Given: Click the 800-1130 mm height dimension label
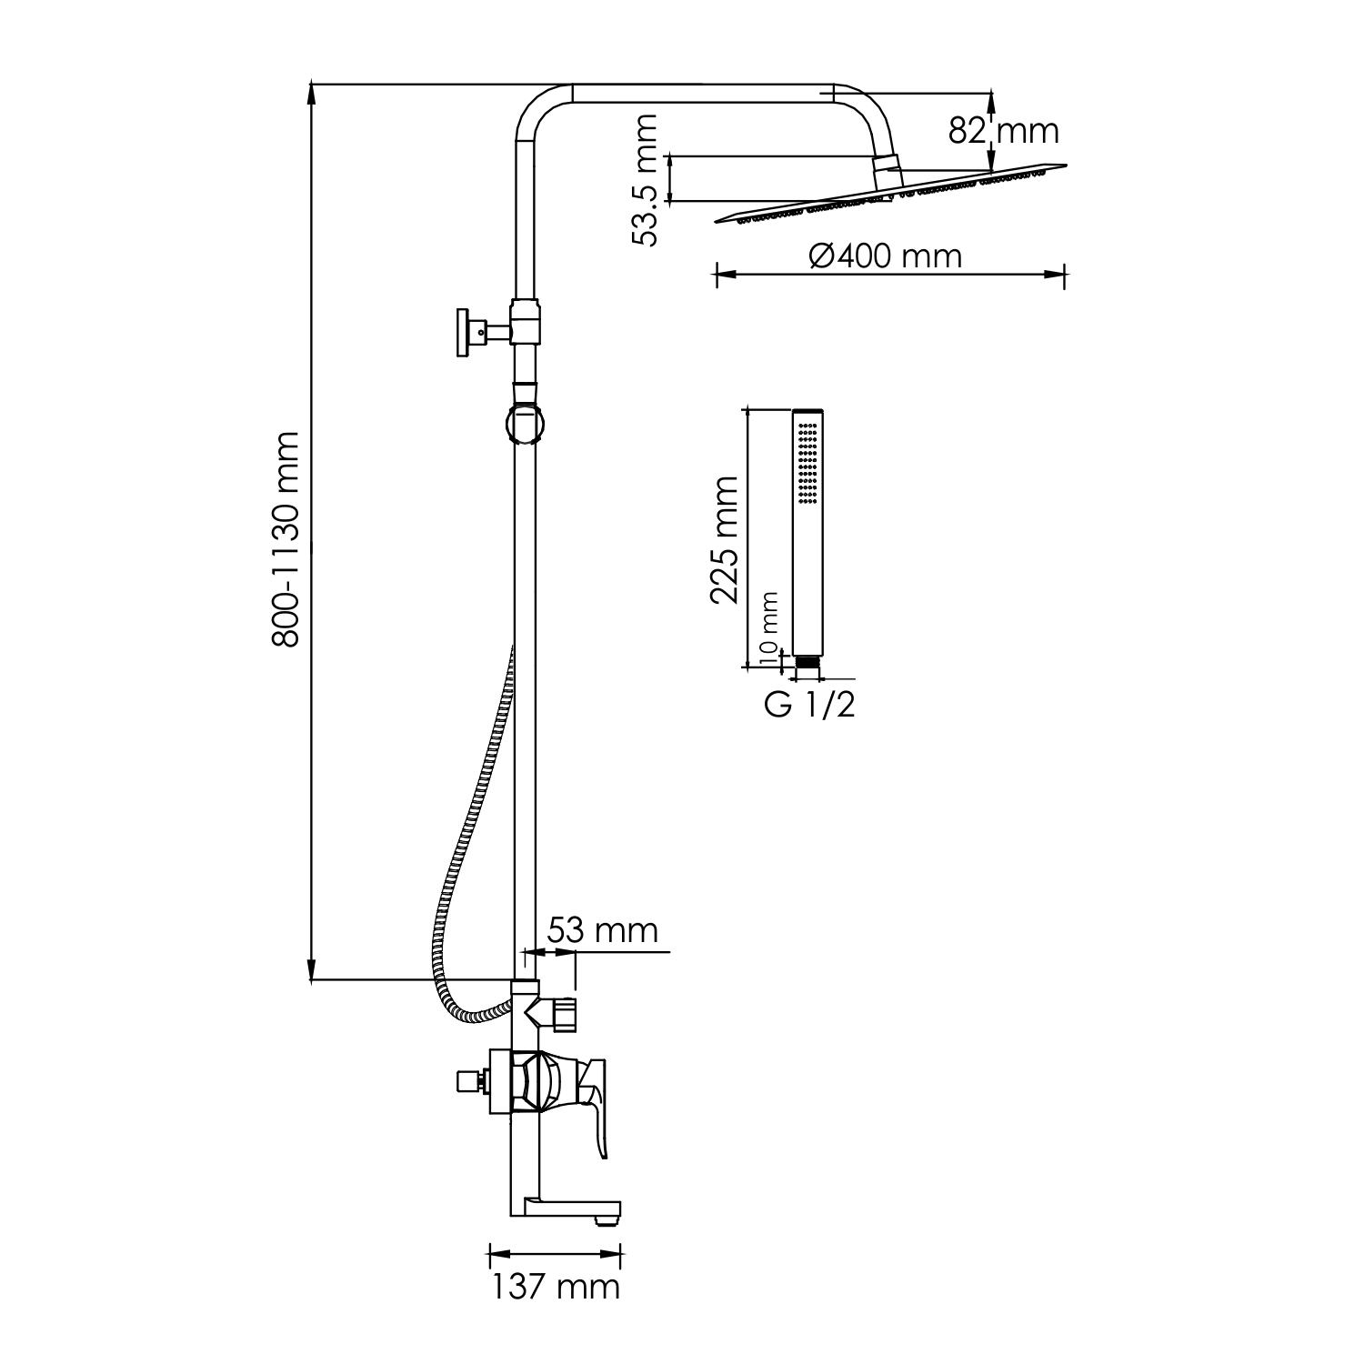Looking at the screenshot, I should click(286, 538).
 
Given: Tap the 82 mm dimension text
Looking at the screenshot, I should click(1004, 131).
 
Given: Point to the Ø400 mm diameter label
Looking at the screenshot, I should click(885, 256).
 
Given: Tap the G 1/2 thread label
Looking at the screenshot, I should click(809, 705).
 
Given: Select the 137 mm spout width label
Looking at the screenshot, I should click(556, 1287).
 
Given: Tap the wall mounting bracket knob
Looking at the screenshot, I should click(465, 333).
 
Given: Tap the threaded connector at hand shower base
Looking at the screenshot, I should click(807, 667).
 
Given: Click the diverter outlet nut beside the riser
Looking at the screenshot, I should click(565, 1014).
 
